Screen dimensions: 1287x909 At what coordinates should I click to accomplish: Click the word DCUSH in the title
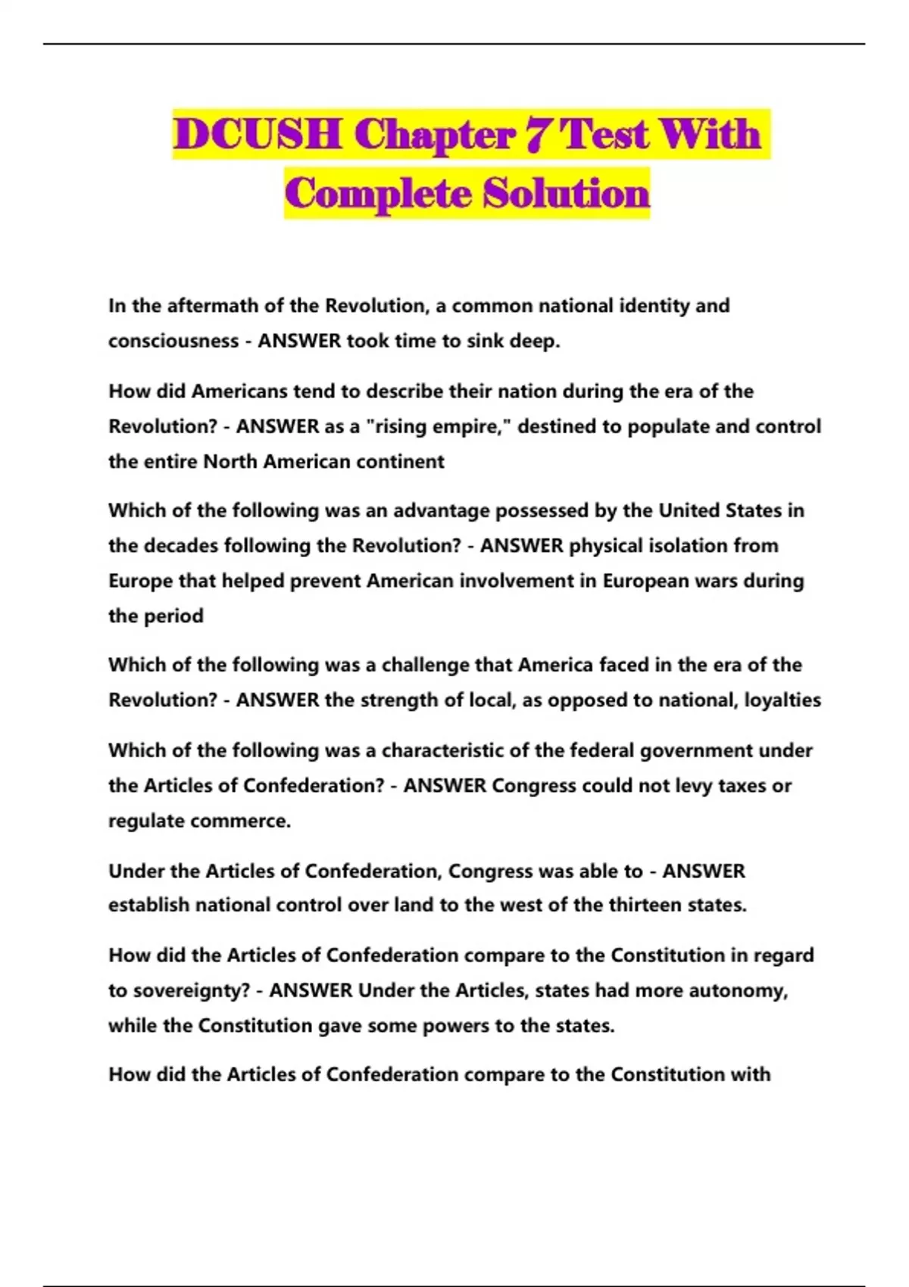(x=257, y=135)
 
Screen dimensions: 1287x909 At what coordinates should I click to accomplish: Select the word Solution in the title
(x=567, y=194)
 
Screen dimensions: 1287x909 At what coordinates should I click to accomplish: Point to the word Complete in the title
(x=380, y=194)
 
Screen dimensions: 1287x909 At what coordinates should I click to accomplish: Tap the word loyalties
(x=782, y=700)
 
